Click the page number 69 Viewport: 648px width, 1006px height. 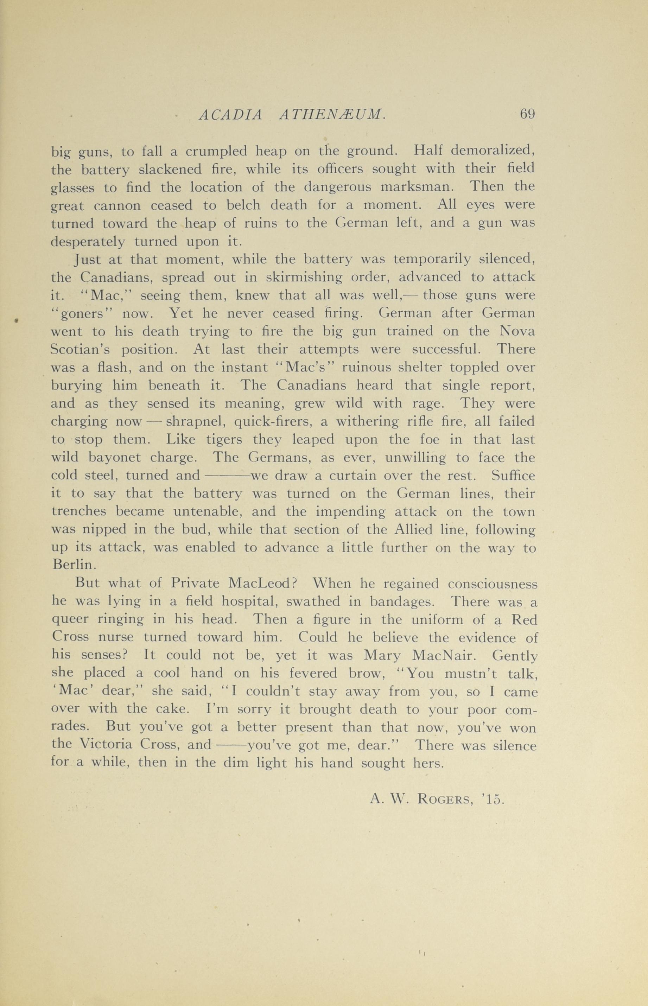(527, 114)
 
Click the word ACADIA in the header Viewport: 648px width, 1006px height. (230, 114)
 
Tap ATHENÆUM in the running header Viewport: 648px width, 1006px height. (332, 114)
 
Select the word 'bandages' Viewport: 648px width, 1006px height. (401, 603)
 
